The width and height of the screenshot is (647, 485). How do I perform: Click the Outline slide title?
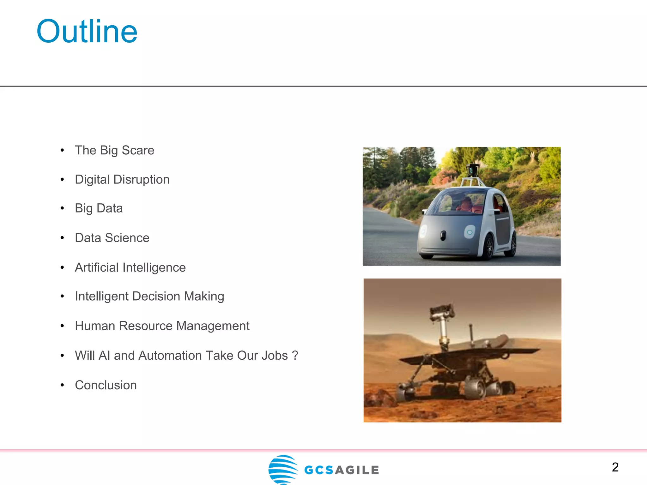(87, 31)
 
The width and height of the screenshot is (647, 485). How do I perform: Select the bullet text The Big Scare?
(114, 150)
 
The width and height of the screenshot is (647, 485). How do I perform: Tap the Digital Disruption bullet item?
(122, 179)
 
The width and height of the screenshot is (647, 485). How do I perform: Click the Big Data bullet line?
(99, 208)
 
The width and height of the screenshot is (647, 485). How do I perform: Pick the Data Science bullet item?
(112, 238)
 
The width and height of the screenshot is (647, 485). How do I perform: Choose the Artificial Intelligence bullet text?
(130, 267)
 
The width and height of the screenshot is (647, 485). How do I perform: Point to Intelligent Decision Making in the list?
(149, 296)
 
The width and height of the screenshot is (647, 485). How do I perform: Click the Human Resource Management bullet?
(162, 326)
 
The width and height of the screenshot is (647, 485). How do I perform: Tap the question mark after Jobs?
(295, 356)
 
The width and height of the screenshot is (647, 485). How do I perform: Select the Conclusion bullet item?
(106, 385)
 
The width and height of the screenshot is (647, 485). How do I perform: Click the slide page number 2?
(615, 467)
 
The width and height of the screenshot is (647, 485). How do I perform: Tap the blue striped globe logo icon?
(283, 469)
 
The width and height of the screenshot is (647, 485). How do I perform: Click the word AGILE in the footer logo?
(357, 470)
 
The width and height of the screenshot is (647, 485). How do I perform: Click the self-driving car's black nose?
(443, 235)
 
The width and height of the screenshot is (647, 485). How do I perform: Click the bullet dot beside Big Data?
(62, 208)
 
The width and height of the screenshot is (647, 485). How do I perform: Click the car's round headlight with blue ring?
(469, 232)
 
